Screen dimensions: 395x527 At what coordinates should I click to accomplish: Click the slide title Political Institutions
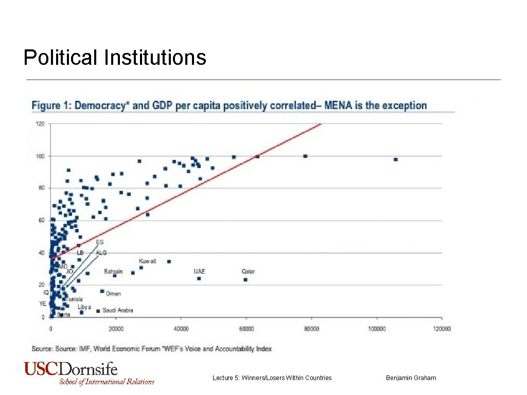pyautogui.click(x=115, y=57)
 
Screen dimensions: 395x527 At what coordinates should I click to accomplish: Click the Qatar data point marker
pyautogui.click(x=245, y=280)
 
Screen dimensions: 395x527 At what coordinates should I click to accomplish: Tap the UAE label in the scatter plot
pyautogui.click(x=199, y=271)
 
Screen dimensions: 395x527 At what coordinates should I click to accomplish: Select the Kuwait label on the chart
pyautogui.click(x=148, y=261)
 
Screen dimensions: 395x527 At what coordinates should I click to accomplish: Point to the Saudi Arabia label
pyautogui.click(x=118, y=310)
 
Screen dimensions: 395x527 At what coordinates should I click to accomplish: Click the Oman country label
pyautogui.click(x=113, y=294)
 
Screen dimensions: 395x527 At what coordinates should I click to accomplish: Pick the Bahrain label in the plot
pyautogui.click(x=113, y=271)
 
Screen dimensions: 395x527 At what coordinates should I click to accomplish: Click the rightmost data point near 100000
pyautogui.click(x=395, y=159)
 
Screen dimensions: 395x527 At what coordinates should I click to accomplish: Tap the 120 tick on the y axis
pyautogui.click(x=40, y=124)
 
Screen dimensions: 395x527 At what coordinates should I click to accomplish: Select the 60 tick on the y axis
pyautogui.click(x=41, y=221)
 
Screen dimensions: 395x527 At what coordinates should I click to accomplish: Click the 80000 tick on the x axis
pyautogui.click(x=311, y=329)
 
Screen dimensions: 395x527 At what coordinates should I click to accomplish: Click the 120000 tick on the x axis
pyautogui.click(x=441, y=329)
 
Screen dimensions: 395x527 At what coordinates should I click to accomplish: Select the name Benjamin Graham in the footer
pyautogui.click(x=411, y=378)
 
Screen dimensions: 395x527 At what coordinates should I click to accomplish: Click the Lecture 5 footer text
pyautogui.click(x=272, y=378)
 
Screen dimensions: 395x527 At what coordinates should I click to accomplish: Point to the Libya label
pyautogui.click(x=84, y=307)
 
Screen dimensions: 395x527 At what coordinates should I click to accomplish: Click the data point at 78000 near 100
pyautogui.click(x=305, y=156)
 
